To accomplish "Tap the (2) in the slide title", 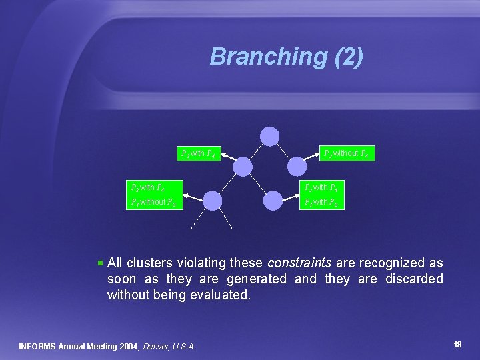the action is click(x=347, y=57).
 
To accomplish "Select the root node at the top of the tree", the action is click(x=269, y=136).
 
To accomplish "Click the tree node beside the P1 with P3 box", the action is click(x=273, y=200).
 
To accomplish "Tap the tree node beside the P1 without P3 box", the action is click(x=212, y=200).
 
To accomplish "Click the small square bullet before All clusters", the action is click(x=100, y=263).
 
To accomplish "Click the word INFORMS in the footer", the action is click(x=37, y=347).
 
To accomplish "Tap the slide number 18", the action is click(x=457, y=345).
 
